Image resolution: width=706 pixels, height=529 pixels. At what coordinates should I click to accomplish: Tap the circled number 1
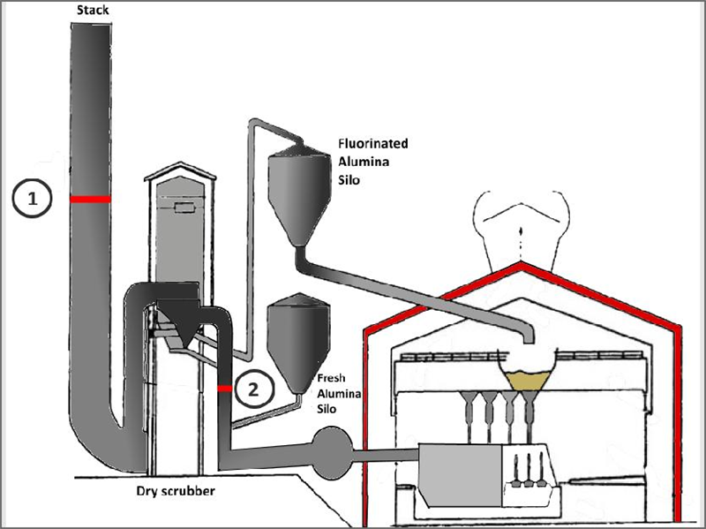[33, 200]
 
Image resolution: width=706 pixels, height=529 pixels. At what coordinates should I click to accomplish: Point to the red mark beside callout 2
[224, 388]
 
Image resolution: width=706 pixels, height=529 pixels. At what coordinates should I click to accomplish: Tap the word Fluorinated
[373, 143]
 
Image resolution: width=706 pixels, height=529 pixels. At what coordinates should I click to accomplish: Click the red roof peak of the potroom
[522, 265]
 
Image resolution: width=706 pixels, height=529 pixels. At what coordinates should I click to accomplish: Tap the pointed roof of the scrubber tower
[181, 170]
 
